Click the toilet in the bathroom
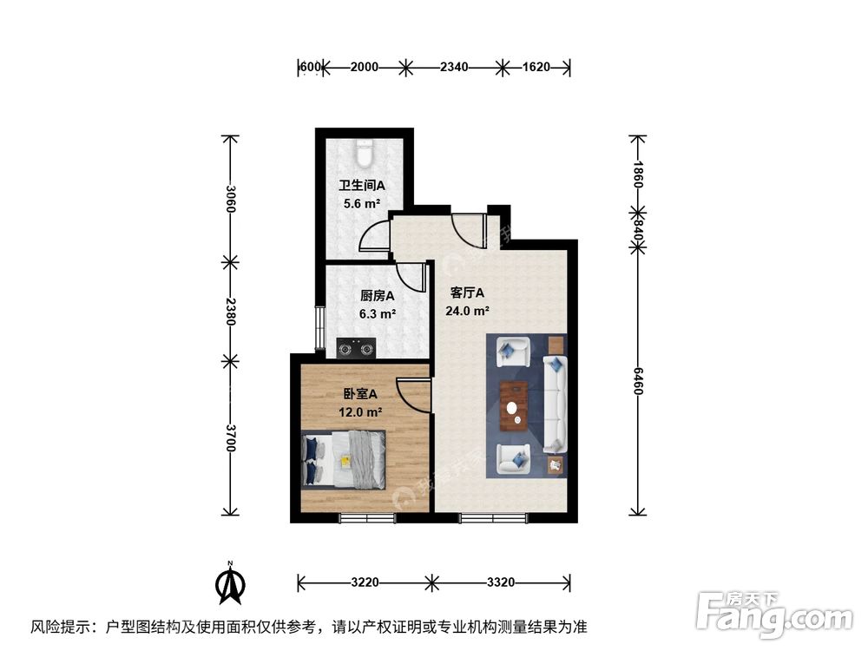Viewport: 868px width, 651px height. point(365,153)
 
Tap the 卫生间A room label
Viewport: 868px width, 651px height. point(361,186)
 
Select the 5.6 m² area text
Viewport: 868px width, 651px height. point(361,204)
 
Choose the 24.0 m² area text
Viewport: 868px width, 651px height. point(468,311)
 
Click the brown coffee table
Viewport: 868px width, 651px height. point(516,404)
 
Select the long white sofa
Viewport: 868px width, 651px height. point(556,404)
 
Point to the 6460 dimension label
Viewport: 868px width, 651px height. point(638,379)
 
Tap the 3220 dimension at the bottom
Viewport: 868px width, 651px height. point(365,582)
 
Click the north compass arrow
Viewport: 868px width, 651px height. point(230,585)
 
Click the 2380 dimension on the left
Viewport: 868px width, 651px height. point(229,311)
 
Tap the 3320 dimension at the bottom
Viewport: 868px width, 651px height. point(501,582)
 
